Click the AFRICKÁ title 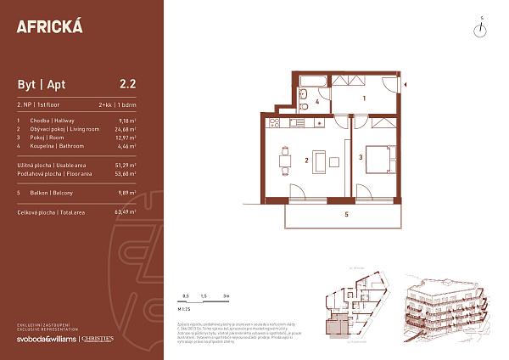coord(50,25)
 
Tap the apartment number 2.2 coord(128,84)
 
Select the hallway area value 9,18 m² coord(128,121)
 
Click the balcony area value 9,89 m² coord(128,192)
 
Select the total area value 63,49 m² coord(126,211)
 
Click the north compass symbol coord(480,30)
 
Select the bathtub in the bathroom coord(311,81)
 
